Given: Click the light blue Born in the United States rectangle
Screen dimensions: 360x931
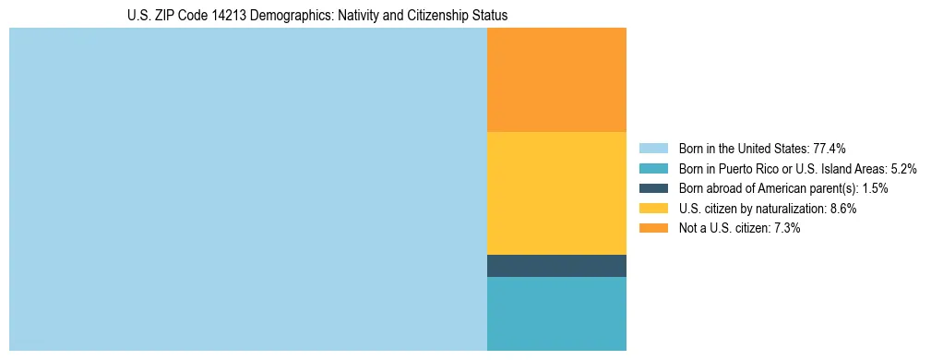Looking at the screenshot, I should point(247,189).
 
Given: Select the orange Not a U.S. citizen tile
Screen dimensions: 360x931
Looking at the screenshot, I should point(556,79).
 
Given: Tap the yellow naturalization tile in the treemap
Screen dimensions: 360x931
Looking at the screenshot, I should point(556,193).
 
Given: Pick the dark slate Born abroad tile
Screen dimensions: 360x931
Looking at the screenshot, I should point(556,266).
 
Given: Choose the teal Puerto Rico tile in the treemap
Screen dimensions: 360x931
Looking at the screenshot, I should point(556,314).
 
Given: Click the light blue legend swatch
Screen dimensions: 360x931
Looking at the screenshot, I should point(652,149).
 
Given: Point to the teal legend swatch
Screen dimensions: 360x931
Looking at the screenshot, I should point(652,169).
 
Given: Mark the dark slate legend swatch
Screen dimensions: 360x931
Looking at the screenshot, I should point(652,188).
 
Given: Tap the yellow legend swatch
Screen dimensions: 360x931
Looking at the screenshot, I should point(652,209).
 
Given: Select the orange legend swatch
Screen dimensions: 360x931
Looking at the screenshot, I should point(652,228).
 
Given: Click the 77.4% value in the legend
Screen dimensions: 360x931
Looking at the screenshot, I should point(830,149).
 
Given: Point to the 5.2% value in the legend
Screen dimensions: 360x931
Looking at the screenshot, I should point(903,169).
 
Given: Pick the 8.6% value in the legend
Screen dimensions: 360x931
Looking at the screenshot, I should point(842,209).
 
